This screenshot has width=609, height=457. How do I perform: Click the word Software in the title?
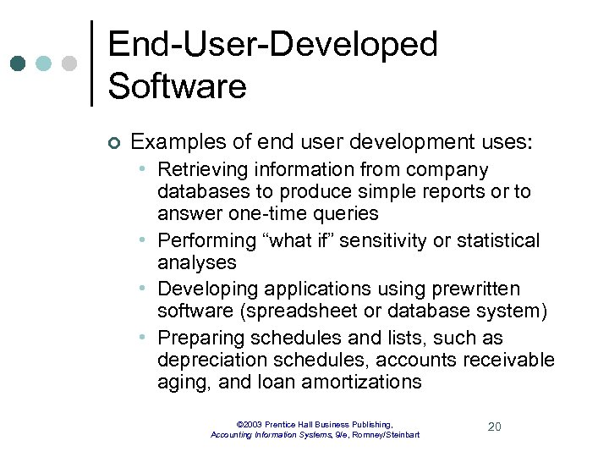[x=178, y=86]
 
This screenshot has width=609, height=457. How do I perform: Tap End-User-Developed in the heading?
[x=272, y=44]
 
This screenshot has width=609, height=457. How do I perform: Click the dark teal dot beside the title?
[x=19, y=63]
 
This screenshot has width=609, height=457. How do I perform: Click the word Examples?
[x=173, y=142]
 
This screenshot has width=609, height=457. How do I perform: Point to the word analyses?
[x=196, y=262]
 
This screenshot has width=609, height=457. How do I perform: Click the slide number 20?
[x=495, y=427]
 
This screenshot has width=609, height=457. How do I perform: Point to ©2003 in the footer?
[x=250, y=424]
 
